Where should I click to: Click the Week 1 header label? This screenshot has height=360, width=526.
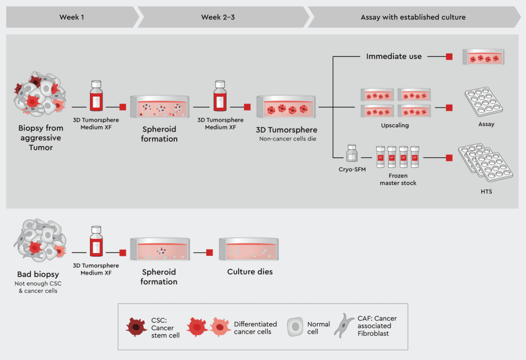coord(72,17)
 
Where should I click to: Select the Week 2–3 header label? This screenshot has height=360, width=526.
coord(219,17)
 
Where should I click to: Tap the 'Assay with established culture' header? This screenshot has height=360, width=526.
coord(413,17)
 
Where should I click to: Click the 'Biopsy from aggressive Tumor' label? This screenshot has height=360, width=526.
coord(41,138)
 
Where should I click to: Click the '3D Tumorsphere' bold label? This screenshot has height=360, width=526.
coord(287,130)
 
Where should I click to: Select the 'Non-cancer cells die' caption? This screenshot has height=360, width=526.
coord(287,139)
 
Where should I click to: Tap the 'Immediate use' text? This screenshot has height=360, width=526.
coord(394,56)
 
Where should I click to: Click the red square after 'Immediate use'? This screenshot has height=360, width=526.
coord(449,56)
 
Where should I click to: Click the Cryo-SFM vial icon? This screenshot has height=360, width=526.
coord(351,154)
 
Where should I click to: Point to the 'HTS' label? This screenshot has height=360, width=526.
coord(486,192)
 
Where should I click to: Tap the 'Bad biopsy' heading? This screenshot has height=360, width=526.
coord(38,275)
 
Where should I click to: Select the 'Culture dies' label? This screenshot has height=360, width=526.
coord(250,272)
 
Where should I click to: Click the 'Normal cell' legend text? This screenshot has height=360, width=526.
coord(319,328)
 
